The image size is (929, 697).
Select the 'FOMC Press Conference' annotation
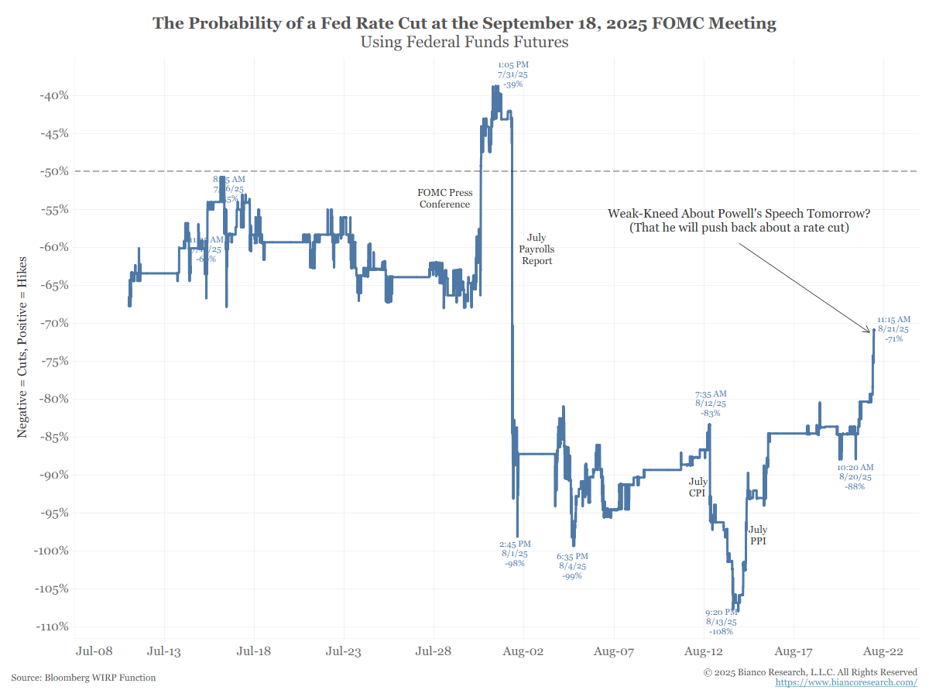coord(444,198)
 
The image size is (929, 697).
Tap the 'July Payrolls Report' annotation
coord(536,249)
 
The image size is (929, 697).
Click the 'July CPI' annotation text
coord(698,487)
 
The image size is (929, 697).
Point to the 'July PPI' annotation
coord(758,535)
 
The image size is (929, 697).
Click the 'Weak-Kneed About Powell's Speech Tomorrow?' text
coord(745,213)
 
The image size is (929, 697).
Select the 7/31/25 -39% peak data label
coord(512,74)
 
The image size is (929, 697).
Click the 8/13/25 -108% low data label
coord(721,622)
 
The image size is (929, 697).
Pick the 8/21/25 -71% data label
coord(893,329)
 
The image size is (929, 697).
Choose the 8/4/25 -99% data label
coord(572,566)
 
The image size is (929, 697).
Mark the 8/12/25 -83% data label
coord(711,403)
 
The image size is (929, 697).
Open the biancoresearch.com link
coord(846,682)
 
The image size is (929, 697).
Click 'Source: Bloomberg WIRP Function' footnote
coord(84,678)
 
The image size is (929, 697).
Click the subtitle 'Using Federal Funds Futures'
coord(464,42)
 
